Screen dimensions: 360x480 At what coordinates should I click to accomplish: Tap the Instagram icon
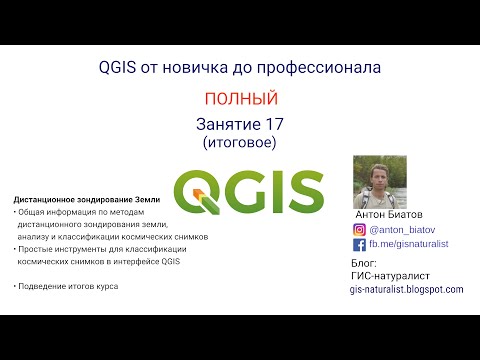coord(359,228)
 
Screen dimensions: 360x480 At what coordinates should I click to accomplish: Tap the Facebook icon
coord(359,243)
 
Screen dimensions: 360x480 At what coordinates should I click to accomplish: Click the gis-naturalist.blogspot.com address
coord(406,289)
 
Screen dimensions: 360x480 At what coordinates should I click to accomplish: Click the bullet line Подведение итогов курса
coord(68,287)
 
